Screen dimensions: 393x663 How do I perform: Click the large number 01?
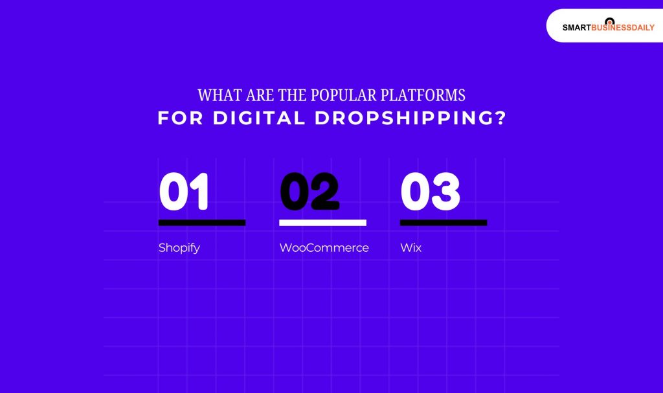pos(185,192)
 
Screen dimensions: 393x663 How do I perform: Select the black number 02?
pos(309,192)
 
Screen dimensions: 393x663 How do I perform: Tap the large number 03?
pos(430,192)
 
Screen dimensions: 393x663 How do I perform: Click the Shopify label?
pos(179,248)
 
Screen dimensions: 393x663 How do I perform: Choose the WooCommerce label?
pos(324,247)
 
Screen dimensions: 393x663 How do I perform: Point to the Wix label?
pos(410,247)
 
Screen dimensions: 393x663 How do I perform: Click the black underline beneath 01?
pos(201,223)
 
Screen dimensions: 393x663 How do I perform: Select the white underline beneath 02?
pos(322,223)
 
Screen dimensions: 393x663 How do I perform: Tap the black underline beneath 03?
pos(444,223)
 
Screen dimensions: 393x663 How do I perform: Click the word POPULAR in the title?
pos(335,95)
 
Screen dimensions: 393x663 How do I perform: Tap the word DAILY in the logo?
pos(642,28)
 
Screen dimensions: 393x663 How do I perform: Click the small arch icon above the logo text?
pos(609,21)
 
